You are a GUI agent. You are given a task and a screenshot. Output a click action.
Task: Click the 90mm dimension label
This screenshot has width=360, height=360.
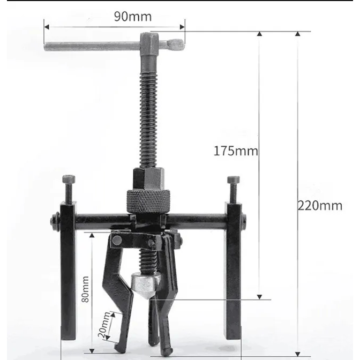click(133, 17)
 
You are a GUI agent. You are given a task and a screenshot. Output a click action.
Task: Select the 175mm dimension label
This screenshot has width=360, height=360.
click(236, 151)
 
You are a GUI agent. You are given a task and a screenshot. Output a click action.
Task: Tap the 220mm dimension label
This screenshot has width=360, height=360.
click(320, 206)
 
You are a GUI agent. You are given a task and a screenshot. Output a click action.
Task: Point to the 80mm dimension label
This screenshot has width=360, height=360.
click(85, 289)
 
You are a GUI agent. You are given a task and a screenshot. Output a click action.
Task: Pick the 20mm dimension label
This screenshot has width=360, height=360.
click(104, 325)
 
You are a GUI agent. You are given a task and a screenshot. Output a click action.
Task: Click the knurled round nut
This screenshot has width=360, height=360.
click(148, 201)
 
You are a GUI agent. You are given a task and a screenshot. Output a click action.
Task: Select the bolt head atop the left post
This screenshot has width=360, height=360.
click(69, 179)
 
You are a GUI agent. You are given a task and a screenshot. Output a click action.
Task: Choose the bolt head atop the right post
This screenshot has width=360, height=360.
click(234, 180)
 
